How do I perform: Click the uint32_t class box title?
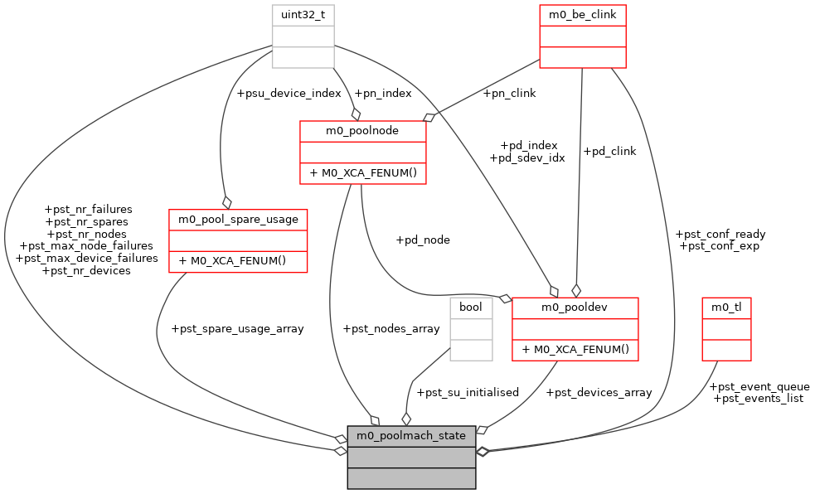[303, 15]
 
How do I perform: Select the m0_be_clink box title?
[582, 15]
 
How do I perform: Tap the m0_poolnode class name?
[363, 131]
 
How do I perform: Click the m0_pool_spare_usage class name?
[238, 219]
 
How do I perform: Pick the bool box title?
[471, 308]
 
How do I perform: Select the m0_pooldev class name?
[575, 308]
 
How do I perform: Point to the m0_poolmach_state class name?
[411, 435]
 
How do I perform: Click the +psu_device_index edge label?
[289, 94]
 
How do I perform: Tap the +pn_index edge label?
[382, 94]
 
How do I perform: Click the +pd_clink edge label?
[609, 152]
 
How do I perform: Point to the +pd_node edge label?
[423, 240]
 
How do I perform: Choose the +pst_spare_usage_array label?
[237, 329]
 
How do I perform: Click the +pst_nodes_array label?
[391, 329]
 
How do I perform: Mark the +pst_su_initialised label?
[467, 393]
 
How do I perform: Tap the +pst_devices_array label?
[599, 393]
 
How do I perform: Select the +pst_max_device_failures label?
[86, 258]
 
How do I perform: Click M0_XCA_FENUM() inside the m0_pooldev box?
[575, 350]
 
